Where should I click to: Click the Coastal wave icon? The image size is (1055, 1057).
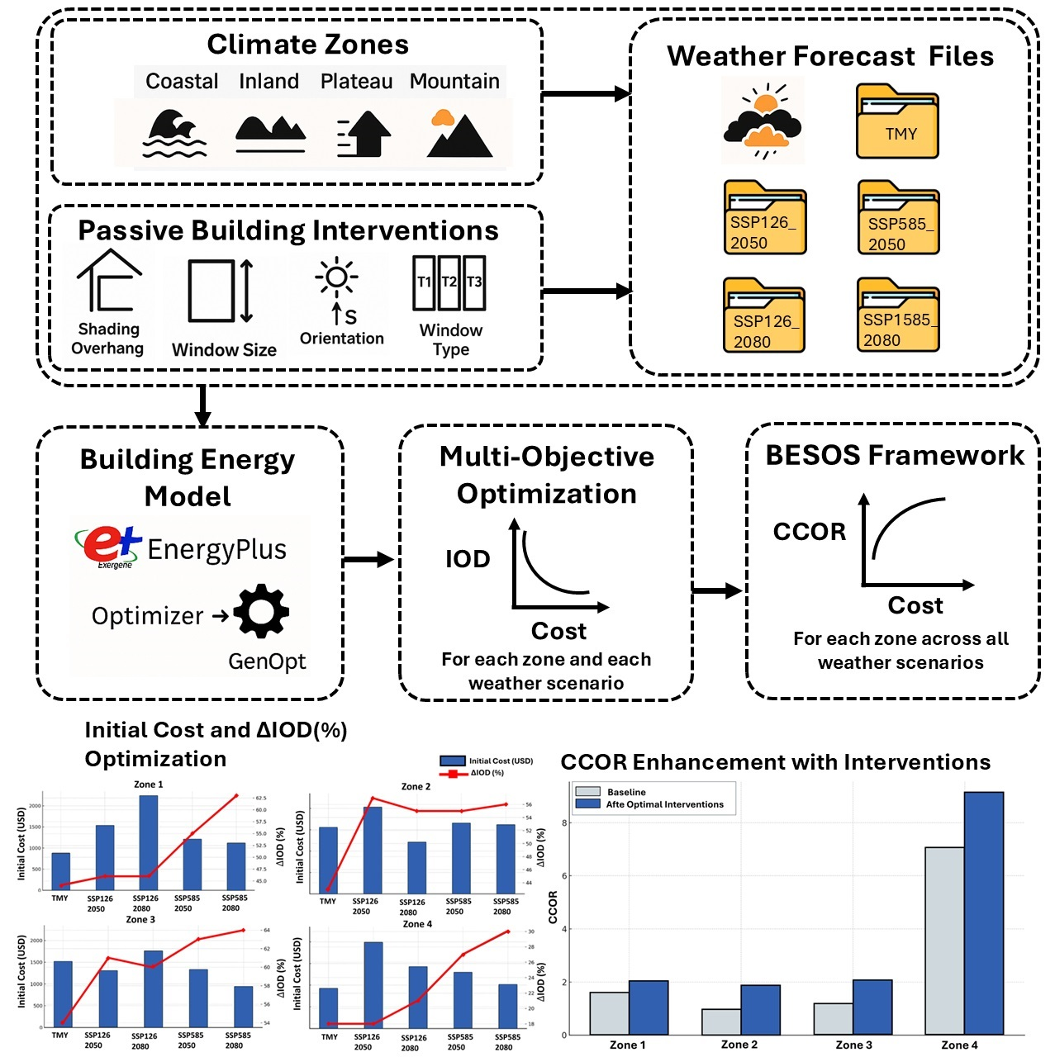pos(174,133)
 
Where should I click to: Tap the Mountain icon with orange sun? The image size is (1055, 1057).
pos(459,134)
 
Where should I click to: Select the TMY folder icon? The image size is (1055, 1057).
pos(897,122)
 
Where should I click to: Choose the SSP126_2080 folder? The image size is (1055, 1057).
pos(764,316)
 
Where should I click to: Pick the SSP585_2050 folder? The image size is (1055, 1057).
pos(898,219)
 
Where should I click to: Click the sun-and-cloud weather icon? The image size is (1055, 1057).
pos(763,121)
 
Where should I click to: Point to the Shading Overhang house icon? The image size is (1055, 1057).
pos(109,280)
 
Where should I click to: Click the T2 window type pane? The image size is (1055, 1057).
pos(449,282)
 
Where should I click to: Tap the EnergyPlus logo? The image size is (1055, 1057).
pos(108,546)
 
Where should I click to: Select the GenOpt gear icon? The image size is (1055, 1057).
pos(261,611)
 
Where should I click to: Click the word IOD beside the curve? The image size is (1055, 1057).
pos(468,559)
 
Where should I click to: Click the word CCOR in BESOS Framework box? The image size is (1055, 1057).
pos(810,532)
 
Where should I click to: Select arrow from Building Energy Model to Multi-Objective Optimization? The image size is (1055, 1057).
pos(368,560)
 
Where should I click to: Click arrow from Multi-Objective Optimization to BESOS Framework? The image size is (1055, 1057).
pos(717,590)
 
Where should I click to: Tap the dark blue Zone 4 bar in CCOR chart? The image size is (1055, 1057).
pos(983,912)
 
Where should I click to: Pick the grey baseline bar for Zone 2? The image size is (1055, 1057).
pos(721,1021)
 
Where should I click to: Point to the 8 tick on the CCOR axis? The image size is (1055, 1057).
pos(564,822)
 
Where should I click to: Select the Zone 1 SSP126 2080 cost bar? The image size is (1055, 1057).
pos(149,842)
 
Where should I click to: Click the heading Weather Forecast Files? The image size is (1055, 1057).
pos(830,56)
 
